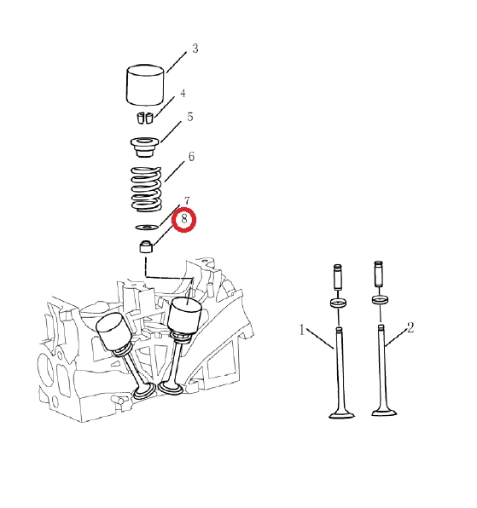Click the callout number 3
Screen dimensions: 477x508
(x=195, y=49)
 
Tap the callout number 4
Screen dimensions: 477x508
(x=183, y=93)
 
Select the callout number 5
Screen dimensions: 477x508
(x=190, y=117)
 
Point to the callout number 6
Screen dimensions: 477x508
(x=191, y=157)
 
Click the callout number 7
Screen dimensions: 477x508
(x=187, y=201)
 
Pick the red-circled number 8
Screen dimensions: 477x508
(x=184, y=219)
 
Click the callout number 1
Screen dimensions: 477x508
(x=302, y=330)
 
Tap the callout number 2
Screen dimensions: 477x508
(x=410, y=327)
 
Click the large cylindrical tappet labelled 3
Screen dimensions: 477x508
(x=145, y=85)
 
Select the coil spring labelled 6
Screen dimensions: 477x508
(x=146, y=189)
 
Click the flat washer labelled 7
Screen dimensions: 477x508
(x=147, y=227)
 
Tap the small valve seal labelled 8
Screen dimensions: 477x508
(x=146, y=246)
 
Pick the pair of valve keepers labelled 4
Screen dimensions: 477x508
(x=144, y=118)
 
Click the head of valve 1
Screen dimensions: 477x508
(x=341, y=414)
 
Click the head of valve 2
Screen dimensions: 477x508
(x=384, y=412)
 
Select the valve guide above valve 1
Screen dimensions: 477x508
(x=338, y=277)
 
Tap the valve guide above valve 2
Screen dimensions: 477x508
(x=379, y=274)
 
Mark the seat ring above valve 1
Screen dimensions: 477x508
(x=338, y=303)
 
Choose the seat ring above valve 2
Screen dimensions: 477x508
(x=381, y=300)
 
